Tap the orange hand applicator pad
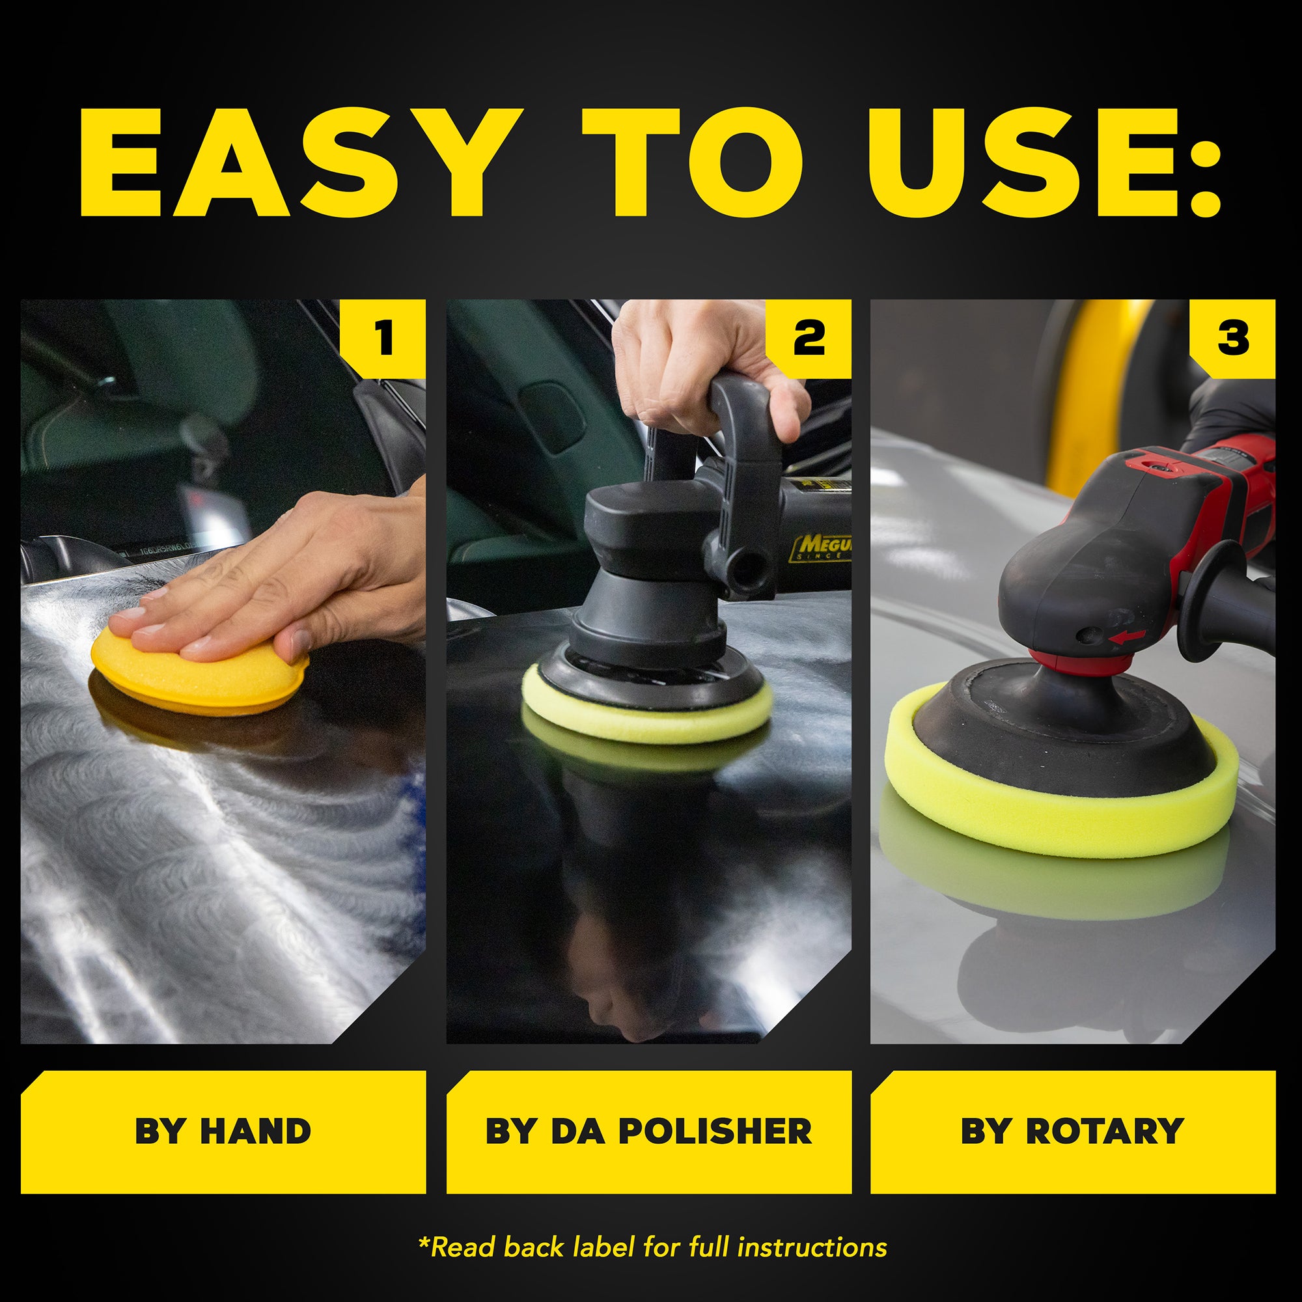[195, 681]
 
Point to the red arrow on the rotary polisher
[1127, 636]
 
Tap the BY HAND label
[223, 1131]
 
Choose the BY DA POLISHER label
[648, 1131]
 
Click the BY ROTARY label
[1072, 1131]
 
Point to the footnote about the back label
[652, 1247]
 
